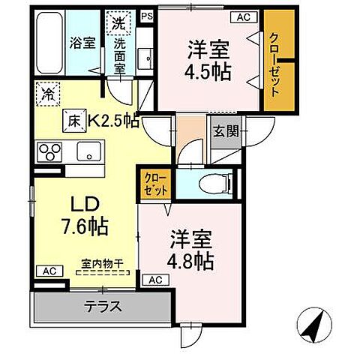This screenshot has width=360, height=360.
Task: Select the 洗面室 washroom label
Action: coord(120,55)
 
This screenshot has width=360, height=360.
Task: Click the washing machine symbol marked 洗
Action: coord(118,23)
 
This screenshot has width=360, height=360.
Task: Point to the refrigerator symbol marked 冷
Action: coord(46,95)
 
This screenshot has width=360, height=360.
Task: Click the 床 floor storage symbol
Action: coord(75,118)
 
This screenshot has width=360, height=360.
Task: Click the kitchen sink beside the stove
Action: coord(88,151)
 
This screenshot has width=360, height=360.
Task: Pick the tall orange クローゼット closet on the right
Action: coord(274,64)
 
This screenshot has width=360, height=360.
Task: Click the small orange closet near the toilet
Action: coord(157,184)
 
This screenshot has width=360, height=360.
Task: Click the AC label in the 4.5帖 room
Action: coord(243,16)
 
